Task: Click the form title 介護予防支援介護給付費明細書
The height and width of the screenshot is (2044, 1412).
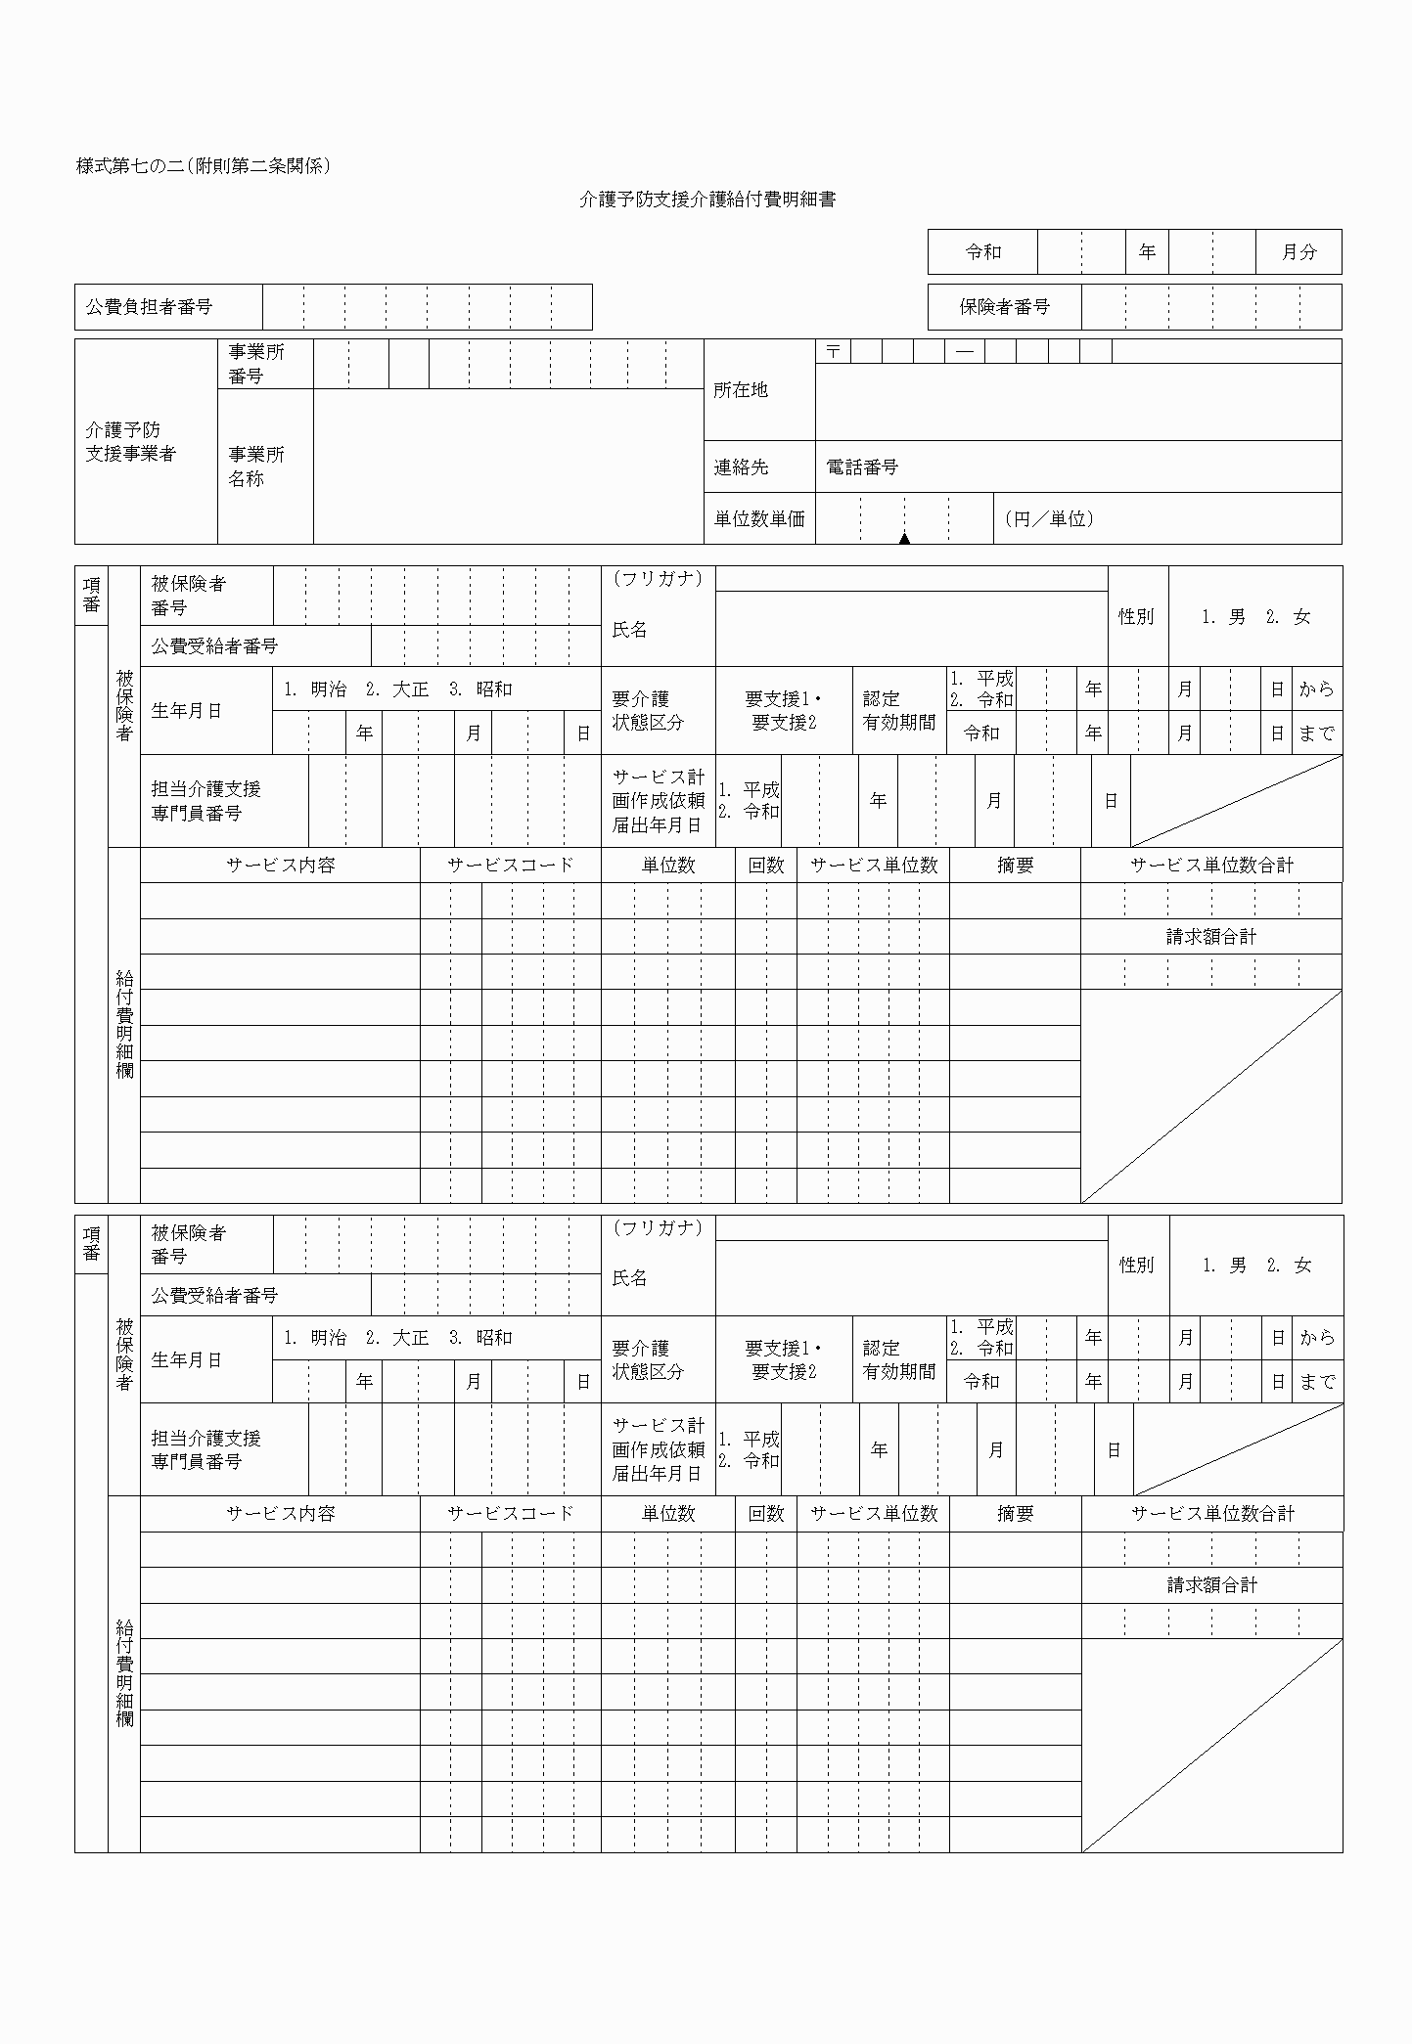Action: point(706,200)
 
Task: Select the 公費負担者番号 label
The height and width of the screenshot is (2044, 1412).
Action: point(149,307)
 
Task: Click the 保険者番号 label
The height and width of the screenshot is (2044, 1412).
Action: point(1004,307)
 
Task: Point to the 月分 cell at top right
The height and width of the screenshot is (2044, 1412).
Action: point(1298,252)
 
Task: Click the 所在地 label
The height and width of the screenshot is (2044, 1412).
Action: point(741,390)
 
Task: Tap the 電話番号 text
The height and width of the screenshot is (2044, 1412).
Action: point(862,467)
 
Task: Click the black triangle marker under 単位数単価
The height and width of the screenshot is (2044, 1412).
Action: point(904,538)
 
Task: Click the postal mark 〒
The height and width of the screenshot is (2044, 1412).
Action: point(833,351)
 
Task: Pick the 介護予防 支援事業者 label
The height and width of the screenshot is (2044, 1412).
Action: point(130,442)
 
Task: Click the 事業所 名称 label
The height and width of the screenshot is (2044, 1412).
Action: point(256,467)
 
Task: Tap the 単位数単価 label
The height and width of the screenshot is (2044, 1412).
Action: point(759,519)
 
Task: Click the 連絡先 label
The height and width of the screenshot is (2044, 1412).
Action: point(741,467)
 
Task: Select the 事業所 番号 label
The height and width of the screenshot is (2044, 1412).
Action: point(256,364)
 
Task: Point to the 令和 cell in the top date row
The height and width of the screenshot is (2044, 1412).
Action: point(982,252)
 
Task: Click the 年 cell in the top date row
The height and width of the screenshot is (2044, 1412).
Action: point(1147,252)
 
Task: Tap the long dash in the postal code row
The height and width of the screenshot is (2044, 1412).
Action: point(964,351)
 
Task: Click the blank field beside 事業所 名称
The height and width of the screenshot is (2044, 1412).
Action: point(507,467)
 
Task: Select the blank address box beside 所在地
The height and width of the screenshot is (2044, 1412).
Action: point(1077,402)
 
